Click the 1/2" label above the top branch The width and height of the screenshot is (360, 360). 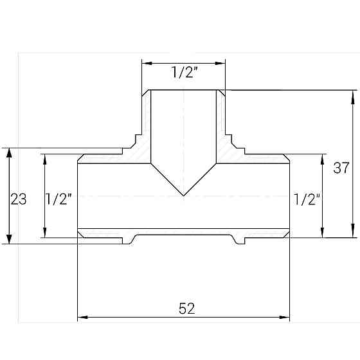(184, 73)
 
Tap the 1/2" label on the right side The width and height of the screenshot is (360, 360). (306, 199)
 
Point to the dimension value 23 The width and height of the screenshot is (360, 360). (19, 199)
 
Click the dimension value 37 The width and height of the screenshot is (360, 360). (341, 168)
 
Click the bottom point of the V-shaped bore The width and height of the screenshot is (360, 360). (184, 195)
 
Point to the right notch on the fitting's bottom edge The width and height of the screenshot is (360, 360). (240, 240)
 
